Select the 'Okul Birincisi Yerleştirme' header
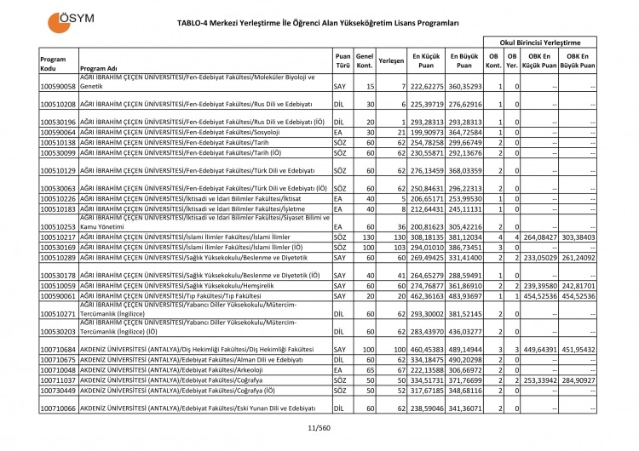pos(546,41)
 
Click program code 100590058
pos(58,87)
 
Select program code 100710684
pos(58,350)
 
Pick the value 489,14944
pos(464,350)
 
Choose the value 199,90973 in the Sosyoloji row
pos(428,133)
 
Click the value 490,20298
pos(464,361)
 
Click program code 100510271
pos(58,313)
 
